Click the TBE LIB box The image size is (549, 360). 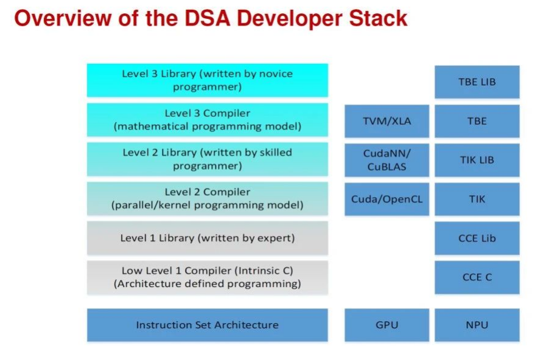point(477,81)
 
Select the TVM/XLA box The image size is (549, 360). point(386,121)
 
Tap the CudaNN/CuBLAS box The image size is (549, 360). point(386,160)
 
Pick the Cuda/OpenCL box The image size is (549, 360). point(386,199)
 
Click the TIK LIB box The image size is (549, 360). point(477,160)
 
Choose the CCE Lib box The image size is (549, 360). point(477,238)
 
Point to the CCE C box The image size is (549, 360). point(477,277)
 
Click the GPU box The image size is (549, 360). point(386,325)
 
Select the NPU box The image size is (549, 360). point(477,325)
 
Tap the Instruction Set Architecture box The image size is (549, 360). point(207,325)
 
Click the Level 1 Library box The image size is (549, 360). point(207,238)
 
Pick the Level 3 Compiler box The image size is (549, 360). point(207,120)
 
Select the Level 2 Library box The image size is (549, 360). point(207,159)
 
